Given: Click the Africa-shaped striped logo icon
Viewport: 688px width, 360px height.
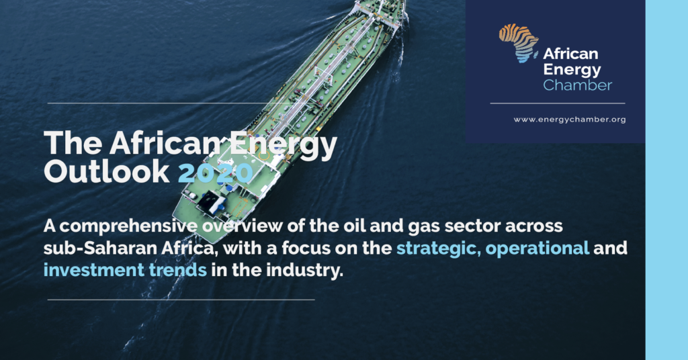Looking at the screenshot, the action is [x=519, y=43].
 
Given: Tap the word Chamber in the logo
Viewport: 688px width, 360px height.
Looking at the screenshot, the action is [x=577, y=85].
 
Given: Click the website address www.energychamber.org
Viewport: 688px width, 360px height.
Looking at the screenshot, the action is [x=570, y=120].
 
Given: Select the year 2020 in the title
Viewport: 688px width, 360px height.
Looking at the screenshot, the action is [x=216, y=171].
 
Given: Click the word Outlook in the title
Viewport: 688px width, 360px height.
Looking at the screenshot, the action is [x=107, y=171].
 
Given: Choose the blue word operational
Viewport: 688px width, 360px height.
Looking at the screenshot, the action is [x=537, y=249].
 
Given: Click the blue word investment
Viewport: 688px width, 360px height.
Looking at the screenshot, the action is [x=94, y=270].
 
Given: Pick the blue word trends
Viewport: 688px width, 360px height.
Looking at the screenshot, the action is [x=177, y=270].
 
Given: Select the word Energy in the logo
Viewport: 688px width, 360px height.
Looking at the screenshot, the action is [x=572, y=70].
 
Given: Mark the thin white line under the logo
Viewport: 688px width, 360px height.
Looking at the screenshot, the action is [x=557, y=103].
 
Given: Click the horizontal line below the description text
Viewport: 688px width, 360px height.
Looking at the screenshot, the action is [x=181, y=300].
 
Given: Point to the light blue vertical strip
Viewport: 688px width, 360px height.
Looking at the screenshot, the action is [x=666, y=180].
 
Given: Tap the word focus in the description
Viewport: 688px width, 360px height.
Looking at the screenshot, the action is [x=306, y=249].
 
